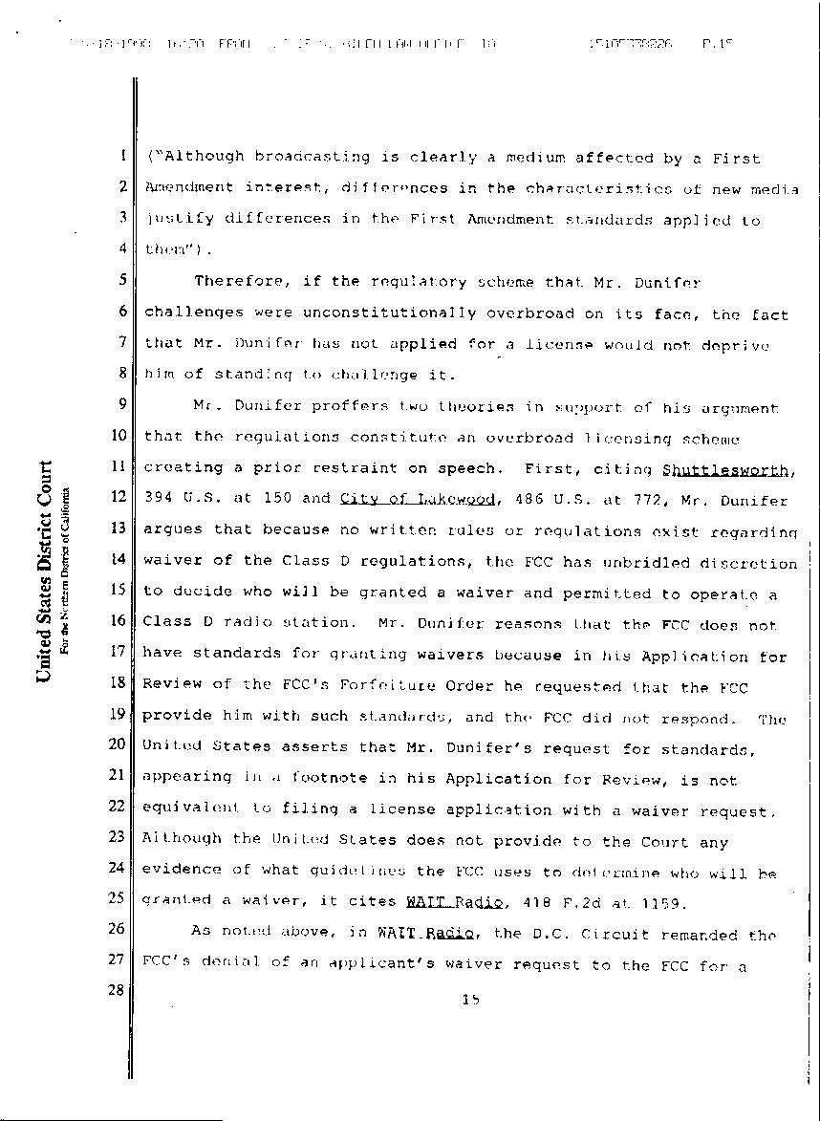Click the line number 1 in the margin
124,155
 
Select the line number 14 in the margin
120,558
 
